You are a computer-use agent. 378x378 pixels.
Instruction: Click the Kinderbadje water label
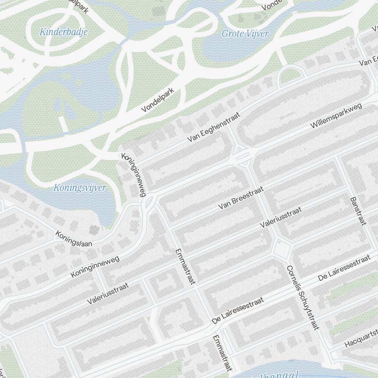(64, 32)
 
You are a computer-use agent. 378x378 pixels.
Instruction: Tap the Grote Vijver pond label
(245, 34)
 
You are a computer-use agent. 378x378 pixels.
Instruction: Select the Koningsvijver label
(80, 187)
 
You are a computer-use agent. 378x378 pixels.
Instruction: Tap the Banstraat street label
(358, 211)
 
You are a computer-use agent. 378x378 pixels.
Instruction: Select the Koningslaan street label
(74, 239)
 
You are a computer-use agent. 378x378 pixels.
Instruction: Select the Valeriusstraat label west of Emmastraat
(108, 294)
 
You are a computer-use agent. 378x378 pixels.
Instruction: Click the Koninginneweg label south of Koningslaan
(95, 267)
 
